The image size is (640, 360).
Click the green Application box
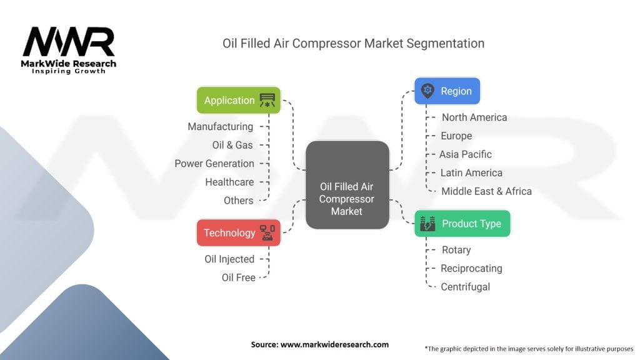pos(239,100)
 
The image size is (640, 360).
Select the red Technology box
pos(239,232)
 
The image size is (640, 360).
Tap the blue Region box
pos(447,91)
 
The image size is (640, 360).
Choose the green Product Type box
pos(462,223)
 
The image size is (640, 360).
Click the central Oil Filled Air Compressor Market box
pos(347,185)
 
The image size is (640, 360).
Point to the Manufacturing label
pos(221,126)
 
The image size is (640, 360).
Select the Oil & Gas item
pos(232,145)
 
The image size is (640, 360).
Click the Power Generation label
pos(214,163)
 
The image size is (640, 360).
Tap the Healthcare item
pos(229,182)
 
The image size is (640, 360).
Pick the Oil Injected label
pos(229,259)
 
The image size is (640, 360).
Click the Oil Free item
pos(238,277)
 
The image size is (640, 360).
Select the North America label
pos(474,117)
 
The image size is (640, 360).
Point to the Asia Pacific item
pos(465,154)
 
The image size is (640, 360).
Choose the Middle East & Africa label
pos(486,191)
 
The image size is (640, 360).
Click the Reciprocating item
pos(471,268)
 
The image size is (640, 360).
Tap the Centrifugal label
pos(465,286)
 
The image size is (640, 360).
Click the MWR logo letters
pos(69,42)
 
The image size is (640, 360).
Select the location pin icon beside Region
pos(427,91)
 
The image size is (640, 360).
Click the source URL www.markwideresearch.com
pos(335,344)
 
